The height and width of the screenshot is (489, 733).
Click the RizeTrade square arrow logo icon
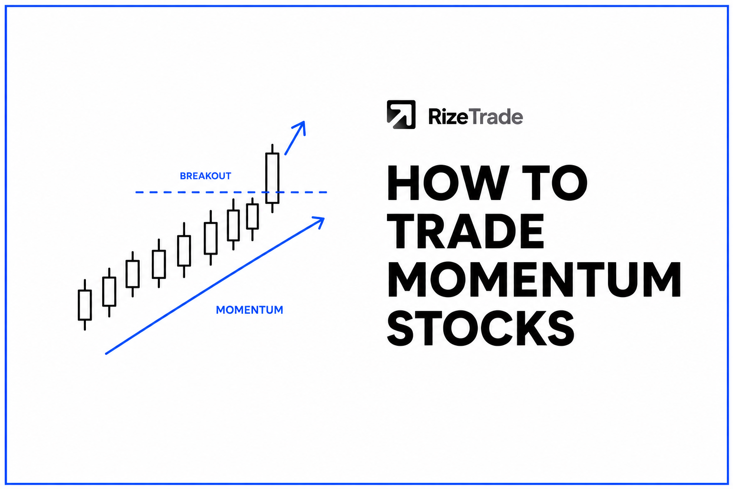coord(401,114)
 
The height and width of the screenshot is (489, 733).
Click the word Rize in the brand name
coord(448,116)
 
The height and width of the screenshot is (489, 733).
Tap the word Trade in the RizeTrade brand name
coord(496,116)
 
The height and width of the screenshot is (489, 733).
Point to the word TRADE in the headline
coord(465,231)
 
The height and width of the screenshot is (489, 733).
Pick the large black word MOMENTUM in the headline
coord(534,279)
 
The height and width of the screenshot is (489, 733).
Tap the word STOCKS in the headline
coord(481,328)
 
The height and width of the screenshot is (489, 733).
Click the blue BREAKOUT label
coord(206,176)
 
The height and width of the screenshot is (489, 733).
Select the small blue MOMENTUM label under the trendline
coord(250,310)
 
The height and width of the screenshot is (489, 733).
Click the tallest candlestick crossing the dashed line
coord(272,179)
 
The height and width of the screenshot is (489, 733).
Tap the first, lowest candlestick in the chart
coord(85,305)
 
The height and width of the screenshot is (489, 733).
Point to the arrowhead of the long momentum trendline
coord(319,221)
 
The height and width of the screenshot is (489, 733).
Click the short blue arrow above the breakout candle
coord(295,138)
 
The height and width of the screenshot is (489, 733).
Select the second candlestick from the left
coord(109,292)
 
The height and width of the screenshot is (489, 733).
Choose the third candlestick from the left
coord(133,274)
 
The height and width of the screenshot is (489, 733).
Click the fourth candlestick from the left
coord(159,264)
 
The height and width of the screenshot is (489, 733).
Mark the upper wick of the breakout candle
coord(272,149)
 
